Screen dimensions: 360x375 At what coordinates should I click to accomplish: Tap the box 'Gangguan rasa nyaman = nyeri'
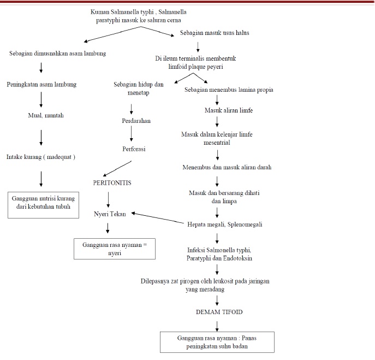(x=115, y=249)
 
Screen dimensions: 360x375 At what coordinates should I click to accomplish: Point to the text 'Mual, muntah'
(x=42, y=115)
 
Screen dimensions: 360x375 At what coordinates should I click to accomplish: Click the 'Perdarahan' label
(x=136, y=121)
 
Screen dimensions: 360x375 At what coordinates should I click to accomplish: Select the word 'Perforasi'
(x=134, y=148)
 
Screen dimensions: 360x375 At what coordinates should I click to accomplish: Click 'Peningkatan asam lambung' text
(x=41, y=85)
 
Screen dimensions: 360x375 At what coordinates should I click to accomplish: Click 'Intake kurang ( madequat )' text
(x=40, y=156)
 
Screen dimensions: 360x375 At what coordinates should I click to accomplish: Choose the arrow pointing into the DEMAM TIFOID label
(x=217, y=299)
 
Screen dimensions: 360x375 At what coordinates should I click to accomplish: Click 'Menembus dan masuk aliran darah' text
(x=227, y=167)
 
